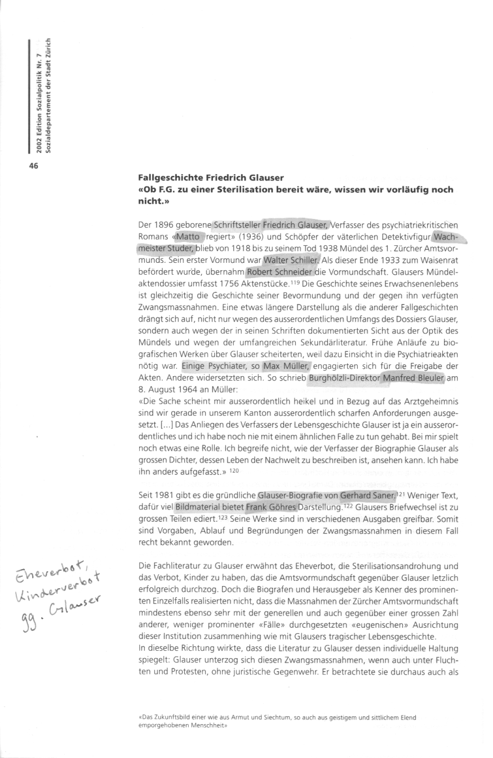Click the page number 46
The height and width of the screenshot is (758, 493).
tap(33, 165)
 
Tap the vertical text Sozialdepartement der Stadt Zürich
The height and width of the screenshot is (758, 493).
tap(49, 96)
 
